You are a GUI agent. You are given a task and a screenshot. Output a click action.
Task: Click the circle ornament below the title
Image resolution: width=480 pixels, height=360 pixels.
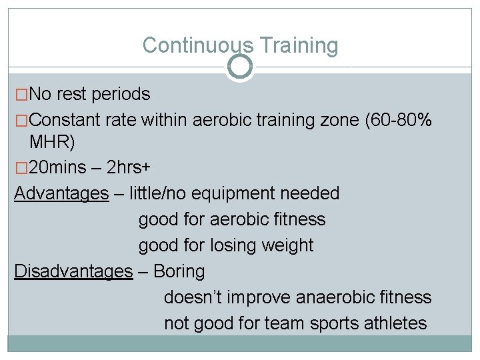click(x=240, y=67)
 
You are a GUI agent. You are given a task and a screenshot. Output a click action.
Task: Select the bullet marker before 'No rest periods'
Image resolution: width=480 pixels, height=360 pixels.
click(x=22, y=95)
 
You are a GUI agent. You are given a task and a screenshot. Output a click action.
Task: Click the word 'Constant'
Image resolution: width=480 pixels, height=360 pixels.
click(x=62, y=120)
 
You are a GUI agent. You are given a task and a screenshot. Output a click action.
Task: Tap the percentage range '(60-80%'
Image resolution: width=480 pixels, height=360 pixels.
click(x=399, y=120)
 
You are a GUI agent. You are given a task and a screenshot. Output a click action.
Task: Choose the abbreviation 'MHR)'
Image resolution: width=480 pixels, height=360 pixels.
click(x=53, y=141)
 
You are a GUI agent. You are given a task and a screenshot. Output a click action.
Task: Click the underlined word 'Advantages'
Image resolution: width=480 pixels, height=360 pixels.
click(x=61, y=193)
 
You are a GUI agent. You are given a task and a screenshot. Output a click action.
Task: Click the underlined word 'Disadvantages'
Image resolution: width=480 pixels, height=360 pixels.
click(x=73, y=271)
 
